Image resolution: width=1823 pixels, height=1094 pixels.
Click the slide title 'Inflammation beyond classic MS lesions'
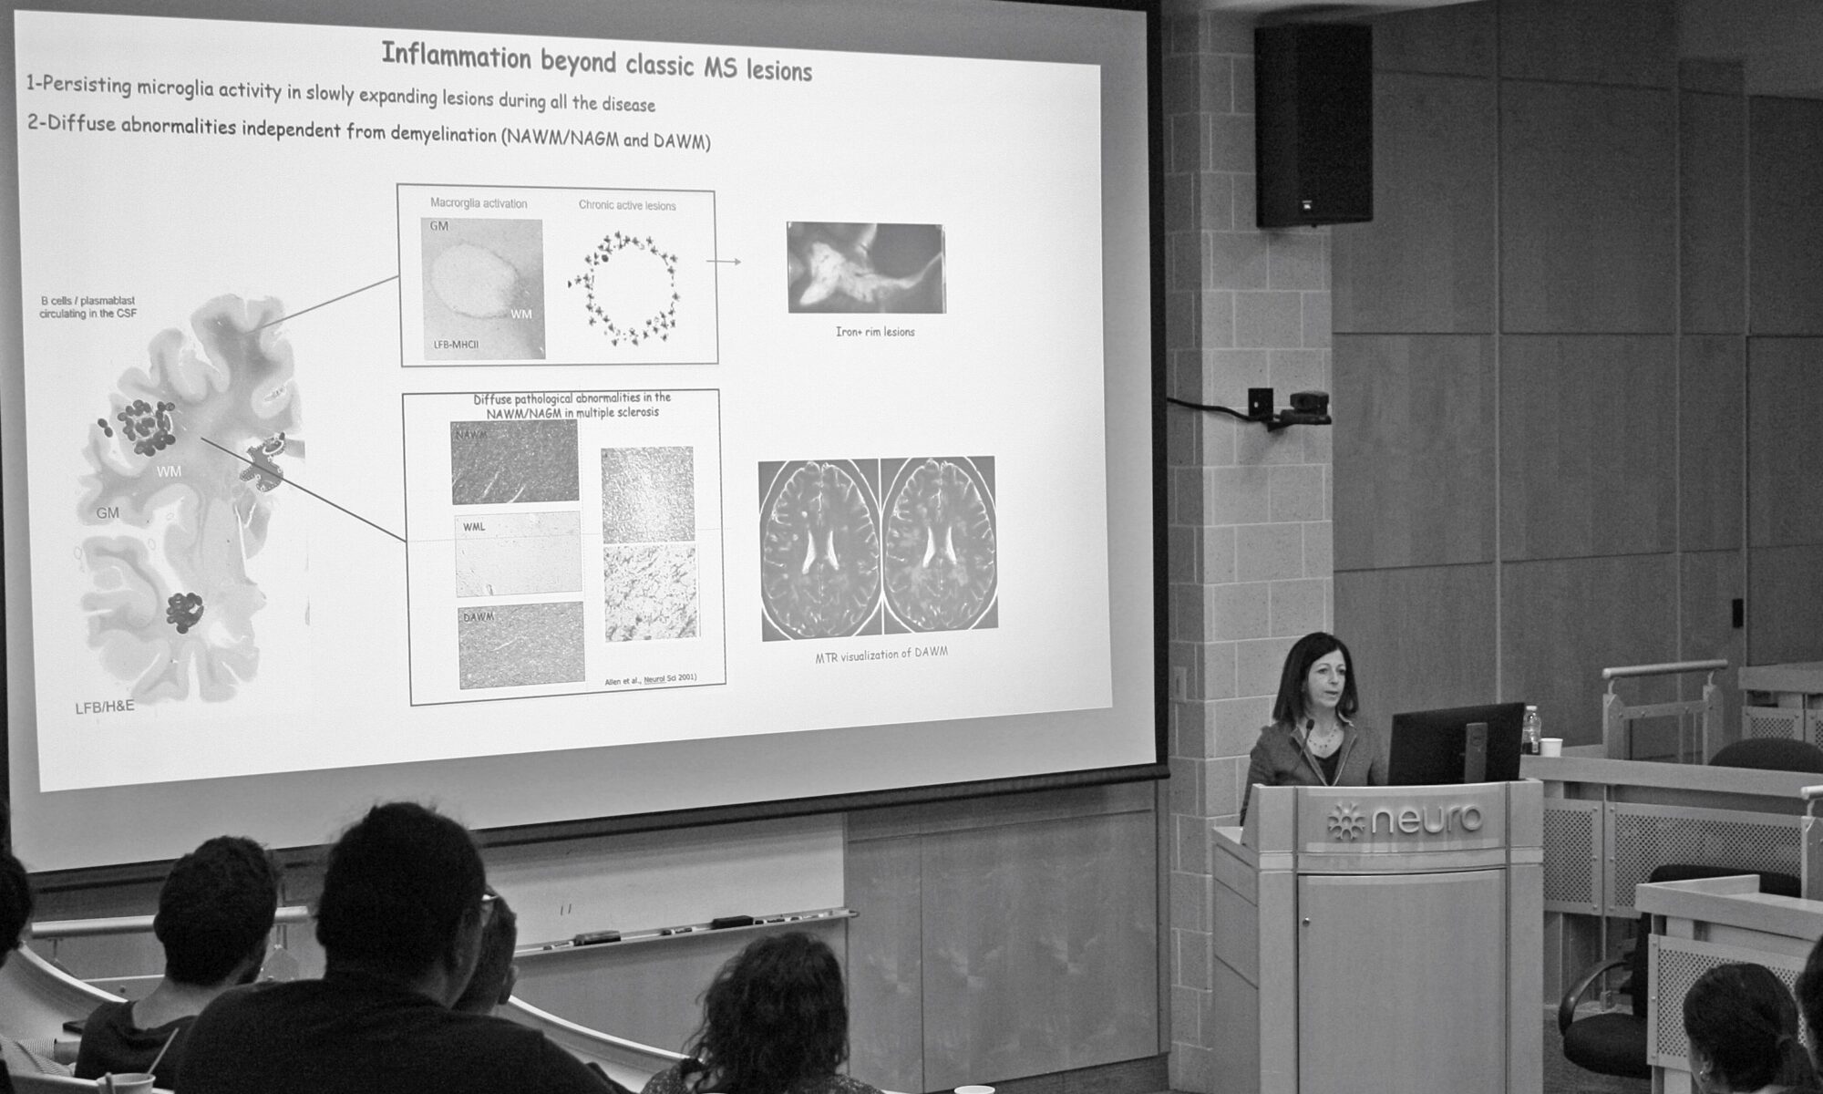pos(596,62)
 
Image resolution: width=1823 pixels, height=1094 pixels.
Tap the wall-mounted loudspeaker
pos(1313,125)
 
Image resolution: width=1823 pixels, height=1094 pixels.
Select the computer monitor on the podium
pos(1455,743)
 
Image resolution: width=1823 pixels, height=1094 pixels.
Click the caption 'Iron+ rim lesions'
pos(874,332)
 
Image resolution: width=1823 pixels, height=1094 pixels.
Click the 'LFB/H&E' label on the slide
pos(104,705)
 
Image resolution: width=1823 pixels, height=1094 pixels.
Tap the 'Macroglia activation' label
pos(479,203)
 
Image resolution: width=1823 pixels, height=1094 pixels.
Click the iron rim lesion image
pos(865,268)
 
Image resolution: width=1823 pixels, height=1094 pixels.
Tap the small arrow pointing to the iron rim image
pos(724,262)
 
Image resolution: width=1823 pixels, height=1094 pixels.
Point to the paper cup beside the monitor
pos(1550,747)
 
